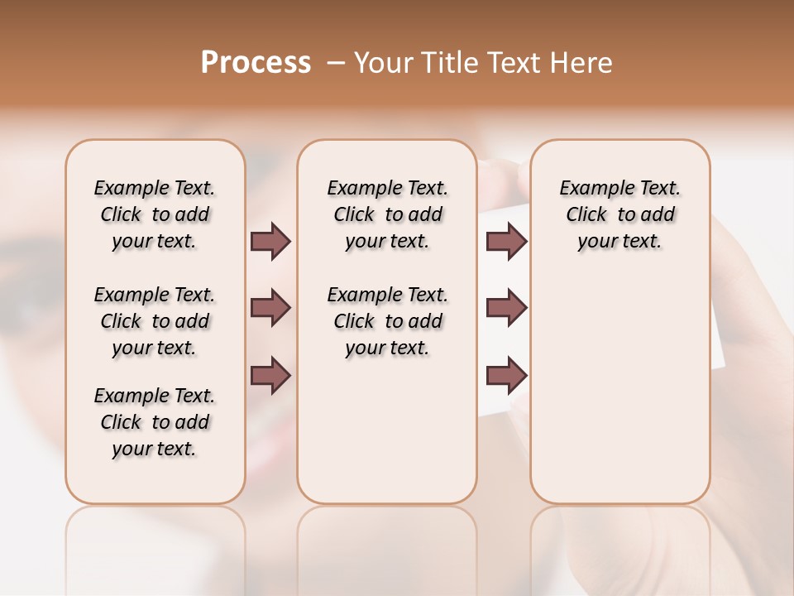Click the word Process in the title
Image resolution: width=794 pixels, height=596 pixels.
(x=256, y=63)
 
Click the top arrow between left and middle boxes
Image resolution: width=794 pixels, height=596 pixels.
(x=270, y=241)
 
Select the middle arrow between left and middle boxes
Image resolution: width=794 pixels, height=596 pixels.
(x=270, y=308)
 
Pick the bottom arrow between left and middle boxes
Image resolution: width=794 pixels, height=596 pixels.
(x=270, y=376)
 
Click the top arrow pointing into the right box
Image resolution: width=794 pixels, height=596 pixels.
(x=506, y=241)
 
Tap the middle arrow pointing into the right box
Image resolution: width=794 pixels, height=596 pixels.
(x=506, y=308)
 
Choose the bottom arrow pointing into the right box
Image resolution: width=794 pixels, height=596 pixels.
(x=506, y=376)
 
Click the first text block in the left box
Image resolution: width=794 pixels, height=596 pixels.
(x=155, y=214)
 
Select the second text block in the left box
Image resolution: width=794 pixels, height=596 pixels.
(x=155, y=321)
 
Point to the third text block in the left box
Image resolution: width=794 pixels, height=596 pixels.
(x=155, y=422)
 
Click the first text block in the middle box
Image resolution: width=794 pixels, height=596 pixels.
(x=387, y=214)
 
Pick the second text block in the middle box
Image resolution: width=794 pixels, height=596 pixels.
(x=387, y=321)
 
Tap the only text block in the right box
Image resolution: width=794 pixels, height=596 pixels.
(x=619, y=214)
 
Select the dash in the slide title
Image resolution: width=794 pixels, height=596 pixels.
(x=335, y=63)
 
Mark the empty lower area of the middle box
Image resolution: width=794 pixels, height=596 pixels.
(x=387, y=430)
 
